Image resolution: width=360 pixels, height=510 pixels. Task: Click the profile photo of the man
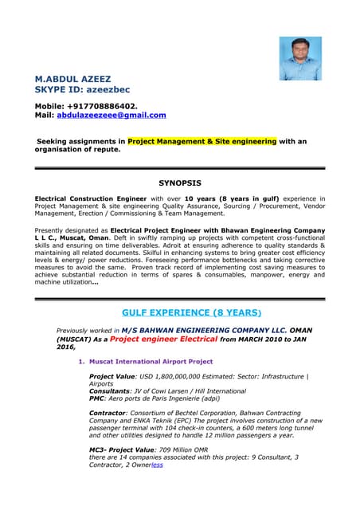click(300, 58)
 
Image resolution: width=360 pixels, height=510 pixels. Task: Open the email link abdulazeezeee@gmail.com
click(112, 115)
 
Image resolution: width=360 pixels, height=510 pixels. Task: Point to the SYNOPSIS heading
click(180, 182)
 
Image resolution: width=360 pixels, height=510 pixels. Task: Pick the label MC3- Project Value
click(121, 450)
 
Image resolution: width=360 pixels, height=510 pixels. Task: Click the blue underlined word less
click(157, 465)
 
